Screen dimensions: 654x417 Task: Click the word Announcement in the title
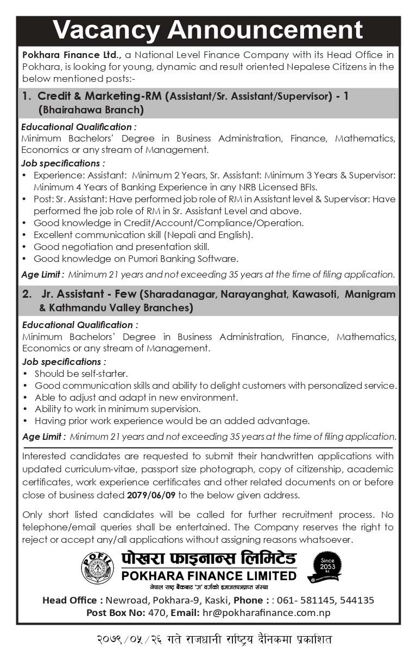tap(266, 30)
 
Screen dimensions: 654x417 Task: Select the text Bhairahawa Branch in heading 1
tap(91, 110)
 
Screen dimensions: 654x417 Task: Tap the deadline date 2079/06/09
tap(152, 495)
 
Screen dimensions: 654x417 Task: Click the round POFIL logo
tap(97, 567)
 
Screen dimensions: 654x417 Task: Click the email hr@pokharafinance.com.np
tap(262, 612)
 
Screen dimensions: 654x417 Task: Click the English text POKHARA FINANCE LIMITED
tap(201, 575)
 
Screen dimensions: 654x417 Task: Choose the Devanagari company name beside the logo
tap(201, 559)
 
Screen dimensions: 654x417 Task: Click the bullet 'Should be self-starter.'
tap(81, 374)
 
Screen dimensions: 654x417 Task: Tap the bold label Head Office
tap(73, 600)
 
